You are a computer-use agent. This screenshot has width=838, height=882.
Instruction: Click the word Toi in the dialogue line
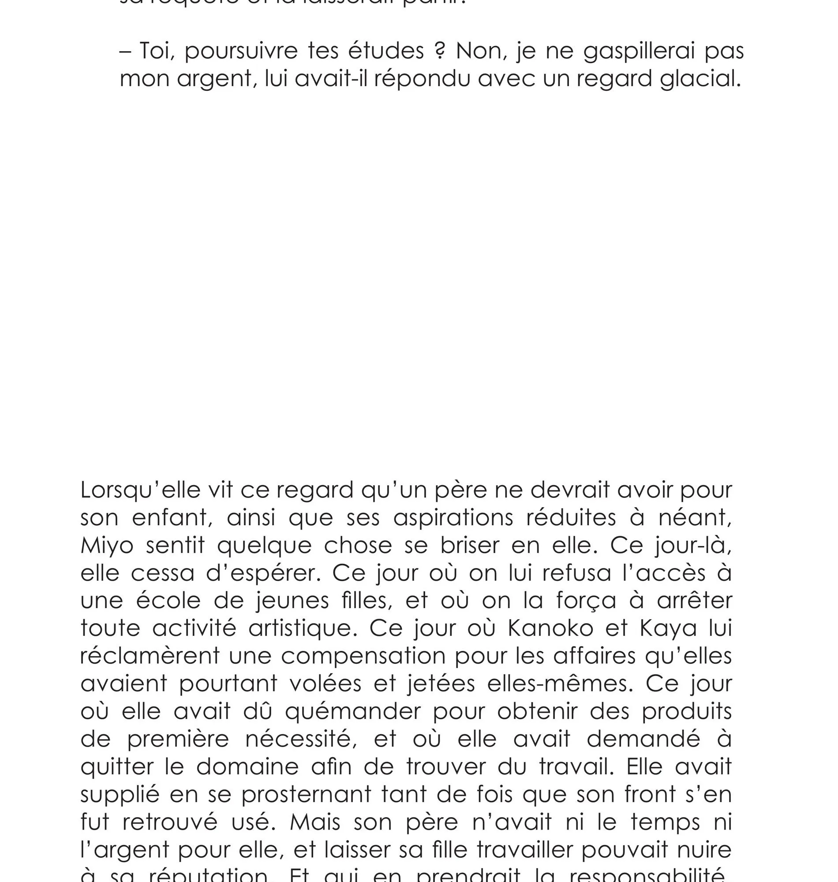click(x=154, y=51)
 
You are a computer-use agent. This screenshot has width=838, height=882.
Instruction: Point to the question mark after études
click(x=440, y=51)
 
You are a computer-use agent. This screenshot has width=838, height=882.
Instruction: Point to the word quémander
click(x=353, y=712)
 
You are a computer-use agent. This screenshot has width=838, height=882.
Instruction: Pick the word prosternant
click(x=307, y=795)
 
